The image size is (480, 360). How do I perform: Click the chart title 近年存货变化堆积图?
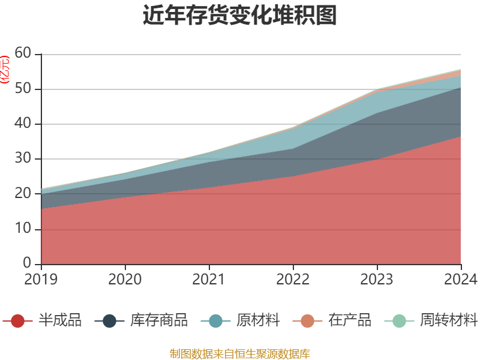(240, 16)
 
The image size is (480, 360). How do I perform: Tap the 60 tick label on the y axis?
(23, 54)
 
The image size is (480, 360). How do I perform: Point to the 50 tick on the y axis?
(23, 89)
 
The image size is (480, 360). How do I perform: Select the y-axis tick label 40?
(23, 124)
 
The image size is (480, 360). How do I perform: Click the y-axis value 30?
(23, 159)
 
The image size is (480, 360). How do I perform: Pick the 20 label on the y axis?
(23, 194)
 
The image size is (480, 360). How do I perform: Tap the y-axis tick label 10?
(23, 229)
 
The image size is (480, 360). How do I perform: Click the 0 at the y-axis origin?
(27, 264)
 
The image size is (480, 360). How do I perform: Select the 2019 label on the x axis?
(41, 280)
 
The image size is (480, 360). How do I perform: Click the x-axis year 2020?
(125, 280)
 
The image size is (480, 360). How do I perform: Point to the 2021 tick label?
(209, 280)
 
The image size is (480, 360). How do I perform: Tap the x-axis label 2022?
(293, 280)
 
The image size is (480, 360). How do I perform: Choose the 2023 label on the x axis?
(377, 280)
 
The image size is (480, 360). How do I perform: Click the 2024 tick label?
(461, 280)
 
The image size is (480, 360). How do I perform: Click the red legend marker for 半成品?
(18, 321)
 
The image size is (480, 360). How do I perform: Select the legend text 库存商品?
(158, 320)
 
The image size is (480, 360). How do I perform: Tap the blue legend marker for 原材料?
(215, 321)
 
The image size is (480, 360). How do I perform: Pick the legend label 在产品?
(350, 320)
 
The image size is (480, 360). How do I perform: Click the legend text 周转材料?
(448, 320)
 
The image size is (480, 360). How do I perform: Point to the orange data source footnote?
(240, 353)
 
